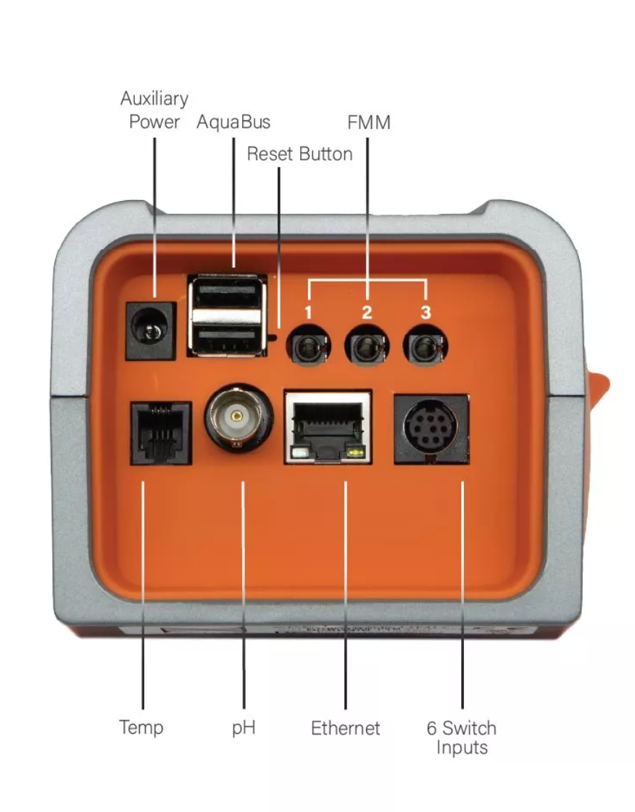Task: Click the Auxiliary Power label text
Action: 154,109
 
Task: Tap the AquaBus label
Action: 233,122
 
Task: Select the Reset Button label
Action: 299,154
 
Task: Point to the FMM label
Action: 368,123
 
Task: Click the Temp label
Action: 141,727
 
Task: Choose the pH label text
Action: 244,727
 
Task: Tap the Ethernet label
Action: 345,728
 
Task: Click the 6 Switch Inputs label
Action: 461,737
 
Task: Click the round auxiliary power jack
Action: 151,332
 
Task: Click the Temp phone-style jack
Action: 160,433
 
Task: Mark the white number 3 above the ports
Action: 426,313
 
